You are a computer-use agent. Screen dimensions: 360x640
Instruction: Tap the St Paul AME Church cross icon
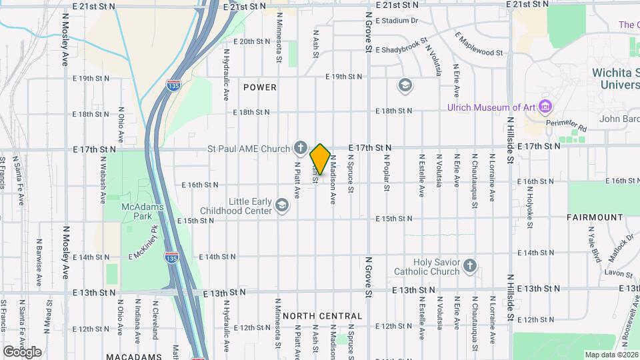[301, 147]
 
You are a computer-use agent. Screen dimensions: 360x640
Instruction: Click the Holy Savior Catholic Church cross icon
[470, 267]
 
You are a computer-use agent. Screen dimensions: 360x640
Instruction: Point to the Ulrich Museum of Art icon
[546, 107]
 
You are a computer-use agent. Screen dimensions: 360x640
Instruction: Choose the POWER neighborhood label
[260, 87]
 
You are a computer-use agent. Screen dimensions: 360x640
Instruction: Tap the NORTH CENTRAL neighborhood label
[323, 315]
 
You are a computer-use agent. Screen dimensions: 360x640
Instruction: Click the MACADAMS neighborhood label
[133, 357]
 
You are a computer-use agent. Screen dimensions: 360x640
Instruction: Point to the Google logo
[22, 351]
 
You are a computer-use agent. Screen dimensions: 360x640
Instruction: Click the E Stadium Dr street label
[397, 21]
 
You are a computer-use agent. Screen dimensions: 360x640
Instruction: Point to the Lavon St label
[619, 273]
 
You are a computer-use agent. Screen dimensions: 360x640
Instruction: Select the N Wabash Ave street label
[103, 180]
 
